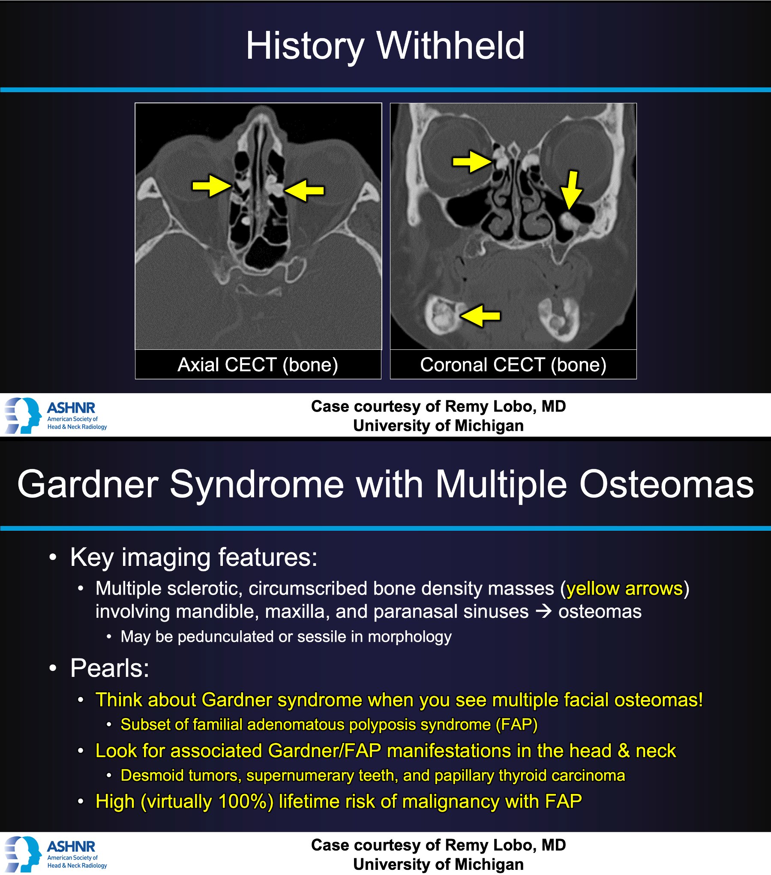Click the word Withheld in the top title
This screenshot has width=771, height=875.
point(450,46)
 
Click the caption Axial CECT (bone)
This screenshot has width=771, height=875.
point(258,365)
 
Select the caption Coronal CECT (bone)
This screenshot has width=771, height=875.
point(513,365)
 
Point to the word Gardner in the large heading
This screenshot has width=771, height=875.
point(88,484)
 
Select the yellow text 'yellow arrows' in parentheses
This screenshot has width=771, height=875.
point(624,588)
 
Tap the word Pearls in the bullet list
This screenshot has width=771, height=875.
point(109,668)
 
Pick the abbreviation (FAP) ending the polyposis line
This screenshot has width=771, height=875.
point(516,725)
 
